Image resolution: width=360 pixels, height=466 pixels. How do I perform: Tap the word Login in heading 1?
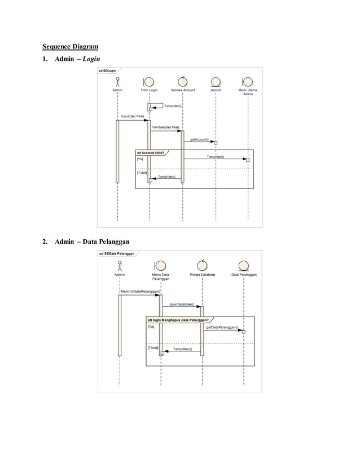[x=90, y=59]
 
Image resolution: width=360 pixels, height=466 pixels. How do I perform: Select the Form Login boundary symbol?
[x=150, y=81]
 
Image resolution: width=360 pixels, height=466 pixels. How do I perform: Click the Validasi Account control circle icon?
[x=182, y=81]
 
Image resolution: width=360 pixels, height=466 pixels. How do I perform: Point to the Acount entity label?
[x=216, y=90]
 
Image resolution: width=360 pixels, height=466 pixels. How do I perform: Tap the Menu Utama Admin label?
[x=248, y=91]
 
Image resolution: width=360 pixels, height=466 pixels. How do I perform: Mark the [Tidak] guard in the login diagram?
[x=141, y=172]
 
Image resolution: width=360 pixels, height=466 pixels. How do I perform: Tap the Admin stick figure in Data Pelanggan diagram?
[x=120, y=266]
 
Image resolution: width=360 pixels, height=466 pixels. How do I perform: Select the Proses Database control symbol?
[x=202, y=265]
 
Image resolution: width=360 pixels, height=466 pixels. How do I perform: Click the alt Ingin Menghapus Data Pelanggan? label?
[x=180, y=320]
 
